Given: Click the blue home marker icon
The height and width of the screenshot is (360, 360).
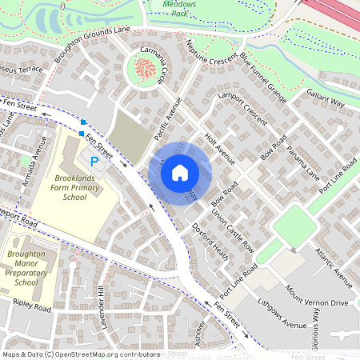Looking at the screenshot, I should click(x=180, y=171).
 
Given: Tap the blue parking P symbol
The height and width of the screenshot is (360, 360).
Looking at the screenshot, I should click(x=94, y=162).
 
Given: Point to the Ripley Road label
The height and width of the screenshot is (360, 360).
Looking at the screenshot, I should click(x=32, y=306).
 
